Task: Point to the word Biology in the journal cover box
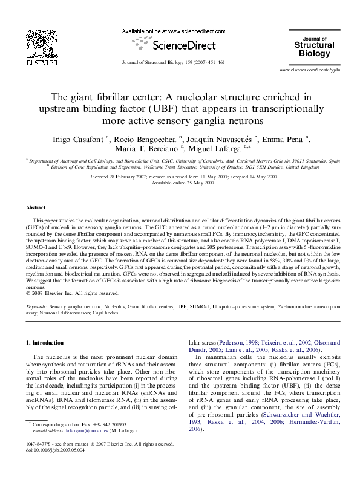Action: (x=314, y=53)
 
